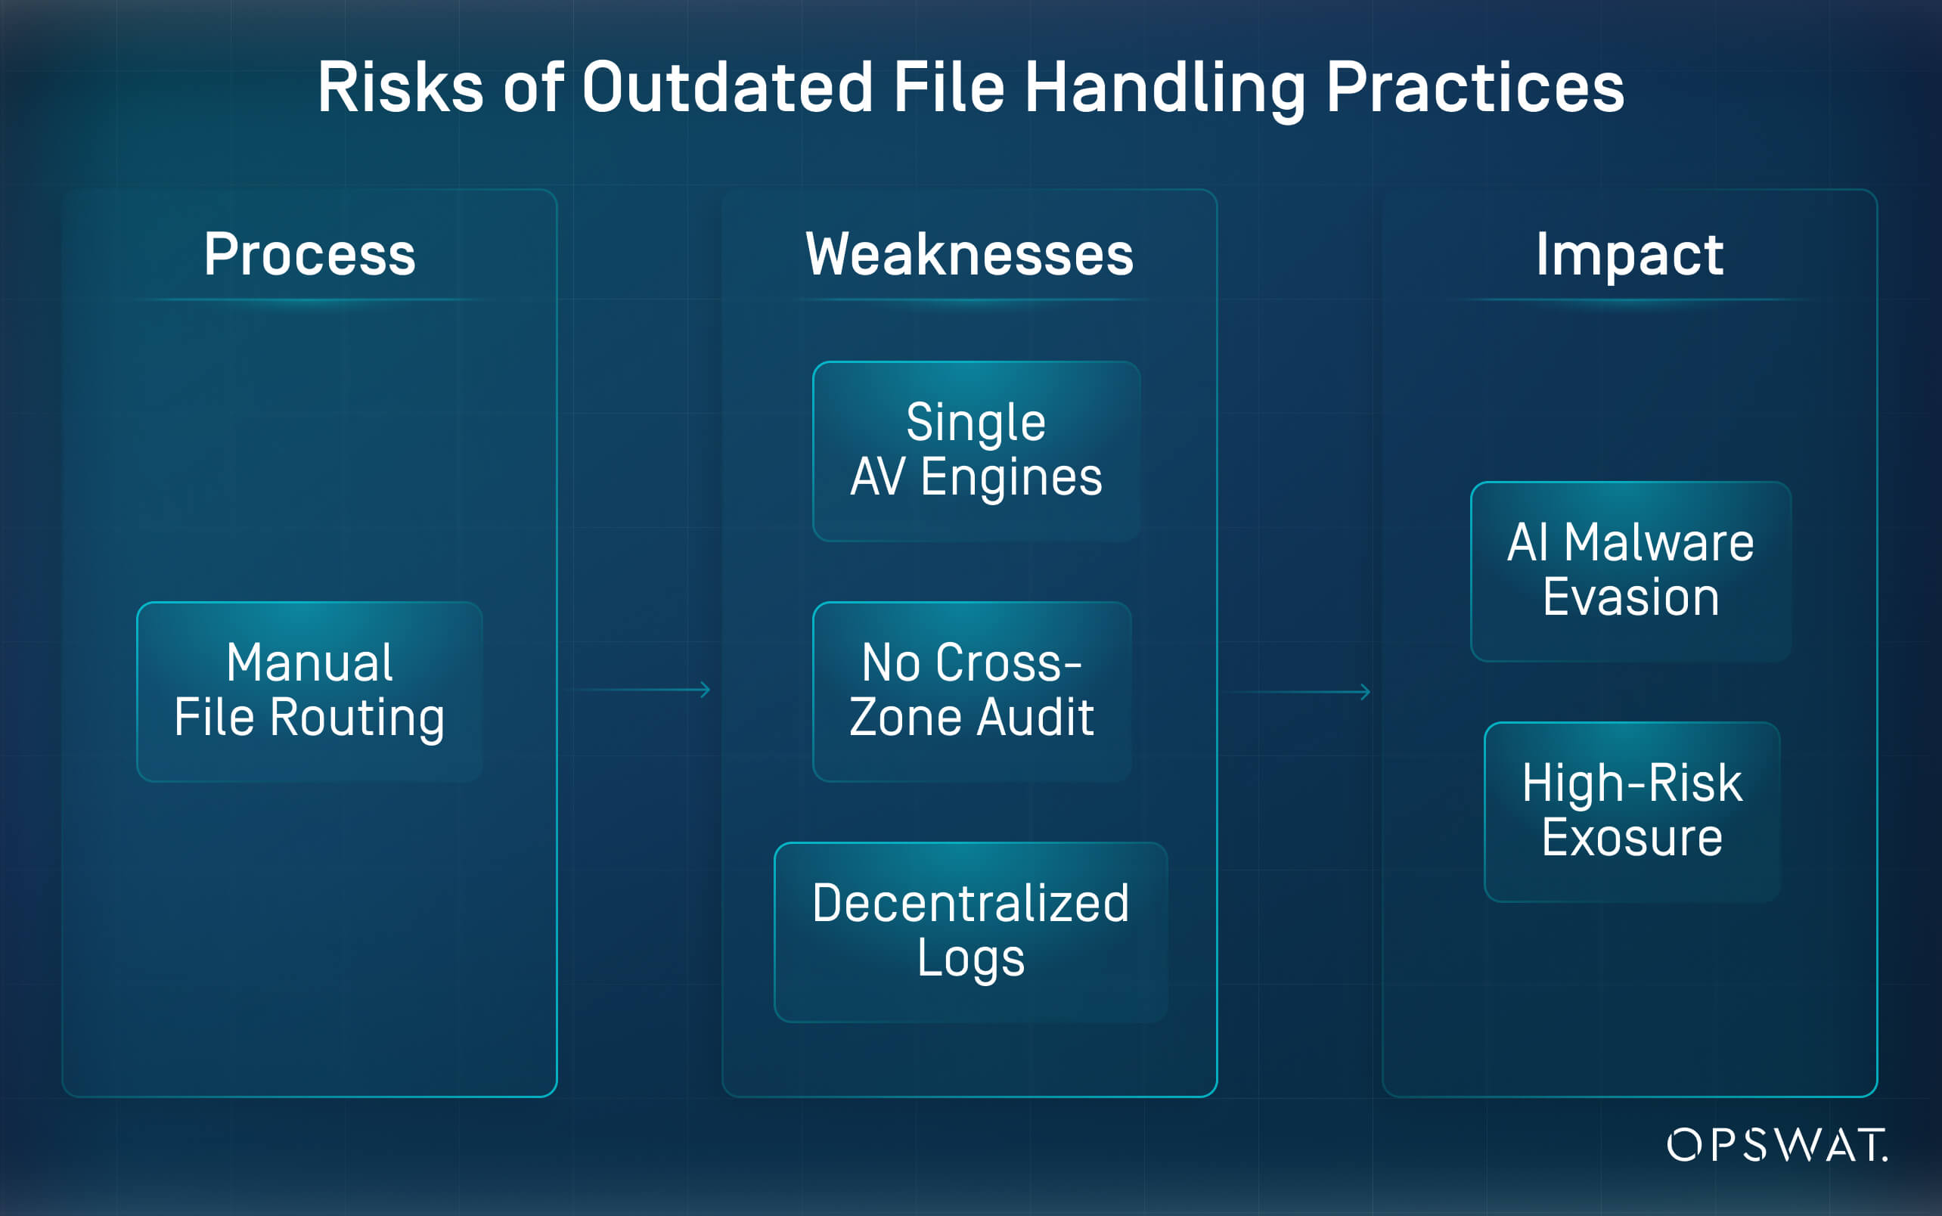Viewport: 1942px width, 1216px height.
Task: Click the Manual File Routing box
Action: click(x=309, y=692)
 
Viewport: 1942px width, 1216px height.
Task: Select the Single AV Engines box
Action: click(x=976, y=451)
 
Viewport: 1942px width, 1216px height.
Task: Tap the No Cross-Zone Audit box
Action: click(x=973, y=692)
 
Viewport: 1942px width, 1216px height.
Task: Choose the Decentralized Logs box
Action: click(x=970, y=932)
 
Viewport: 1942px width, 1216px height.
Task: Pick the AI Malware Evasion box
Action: click(x=1630, y=571)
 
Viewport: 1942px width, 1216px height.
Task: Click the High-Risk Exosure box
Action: click(x=1633, y=811)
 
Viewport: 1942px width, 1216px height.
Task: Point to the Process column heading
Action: click(x=309, y=254)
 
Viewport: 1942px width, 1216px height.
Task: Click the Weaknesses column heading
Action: click(x=969, y=254)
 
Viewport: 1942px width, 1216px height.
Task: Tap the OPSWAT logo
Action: click(x=1778, y=1144)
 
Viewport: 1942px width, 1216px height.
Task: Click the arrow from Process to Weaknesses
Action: click(x=638, y=690)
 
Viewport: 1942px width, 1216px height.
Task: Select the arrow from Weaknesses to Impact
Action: click(x=1298, y=692)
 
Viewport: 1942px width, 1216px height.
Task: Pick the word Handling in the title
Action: click(x=1166, y=90)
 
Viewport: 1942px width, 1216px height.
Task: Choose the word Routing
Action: click(x=357, y=719)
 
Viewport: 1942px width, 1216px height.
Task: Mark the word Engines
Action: click(x=1011, y=479)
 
